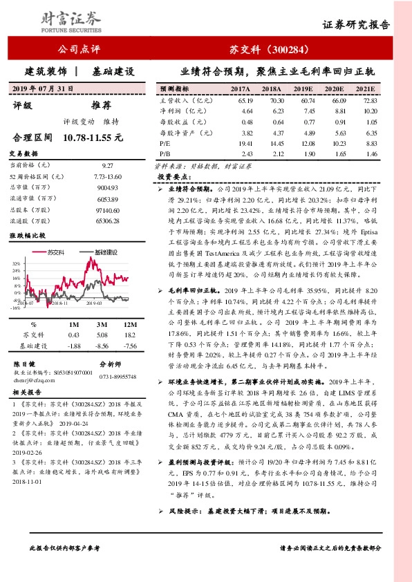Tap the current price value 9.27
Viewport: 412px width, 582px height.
coord(106,166)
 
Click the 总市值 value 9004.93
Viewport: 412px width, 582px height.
coord(106,188)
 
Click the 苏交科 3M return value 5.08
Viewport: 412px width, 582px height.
coord(102,335)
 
